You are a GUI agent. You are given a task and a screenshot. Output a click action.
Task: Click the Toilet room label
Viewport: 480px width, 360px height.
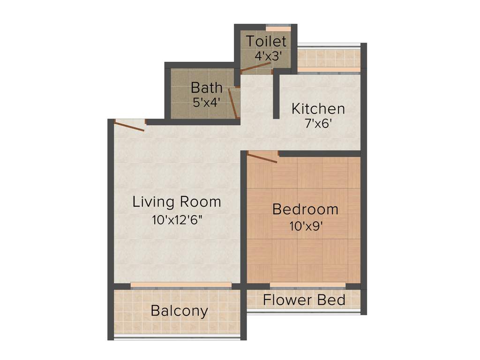(266, 41)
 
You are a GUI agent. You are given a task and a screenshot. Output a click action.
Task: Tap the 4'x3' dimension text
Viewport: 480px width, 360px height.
(268, 56)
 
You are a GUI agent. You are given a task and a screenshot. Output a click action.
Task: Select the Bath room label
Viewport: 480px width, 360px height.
(207, 88)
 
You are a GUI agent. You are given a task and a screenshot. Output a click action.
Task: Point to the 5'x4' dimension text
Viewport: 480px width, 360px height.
(206, 102)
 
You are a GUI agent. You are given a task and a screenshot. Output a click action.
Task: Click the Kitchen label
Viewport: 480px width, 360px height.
(318, 109)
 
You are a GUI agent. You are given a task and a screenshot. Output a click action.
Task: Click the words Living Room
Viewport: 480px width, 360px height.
(177, 202)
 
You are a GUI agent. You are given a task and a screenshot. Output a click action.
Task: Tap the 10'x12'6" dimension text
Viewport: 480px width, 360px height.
(177, 220)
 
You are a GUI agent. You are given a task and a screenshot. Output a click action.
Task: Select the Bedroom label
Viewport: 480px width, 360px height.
(305, 209)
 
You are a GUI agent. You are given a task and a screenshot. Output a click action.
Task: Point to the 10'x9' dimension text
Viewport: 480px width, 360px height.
(306, 226)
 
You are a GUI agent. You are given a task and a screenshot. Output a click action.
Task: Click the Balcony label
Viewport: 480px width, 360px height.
(180, 311)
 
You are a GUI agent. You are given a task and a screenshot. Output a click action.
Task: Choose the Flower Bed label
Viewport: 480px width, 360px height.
(304, 300)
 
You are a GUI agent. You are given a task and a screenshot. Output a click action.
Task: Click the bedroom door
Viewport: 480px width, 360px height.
(262, 157)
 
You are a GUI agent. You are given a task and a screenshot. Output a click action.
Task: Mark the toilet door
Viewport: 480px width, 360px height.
(256, 68)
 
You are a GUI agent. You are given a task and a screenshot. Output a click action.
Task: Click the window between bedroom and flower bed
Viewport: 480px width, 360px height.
(307, 286)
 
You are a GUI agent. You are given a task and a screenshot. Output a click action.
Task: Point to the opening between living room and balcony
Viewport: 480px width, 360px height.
(181, 285)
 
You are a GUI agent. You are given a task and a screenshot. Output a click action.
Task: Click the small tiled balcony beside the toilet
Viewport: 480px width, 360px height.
(329, 58)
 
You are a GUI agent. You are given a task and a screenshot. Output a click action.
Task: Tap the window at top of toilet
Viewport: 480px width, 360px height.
(278, 26)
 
